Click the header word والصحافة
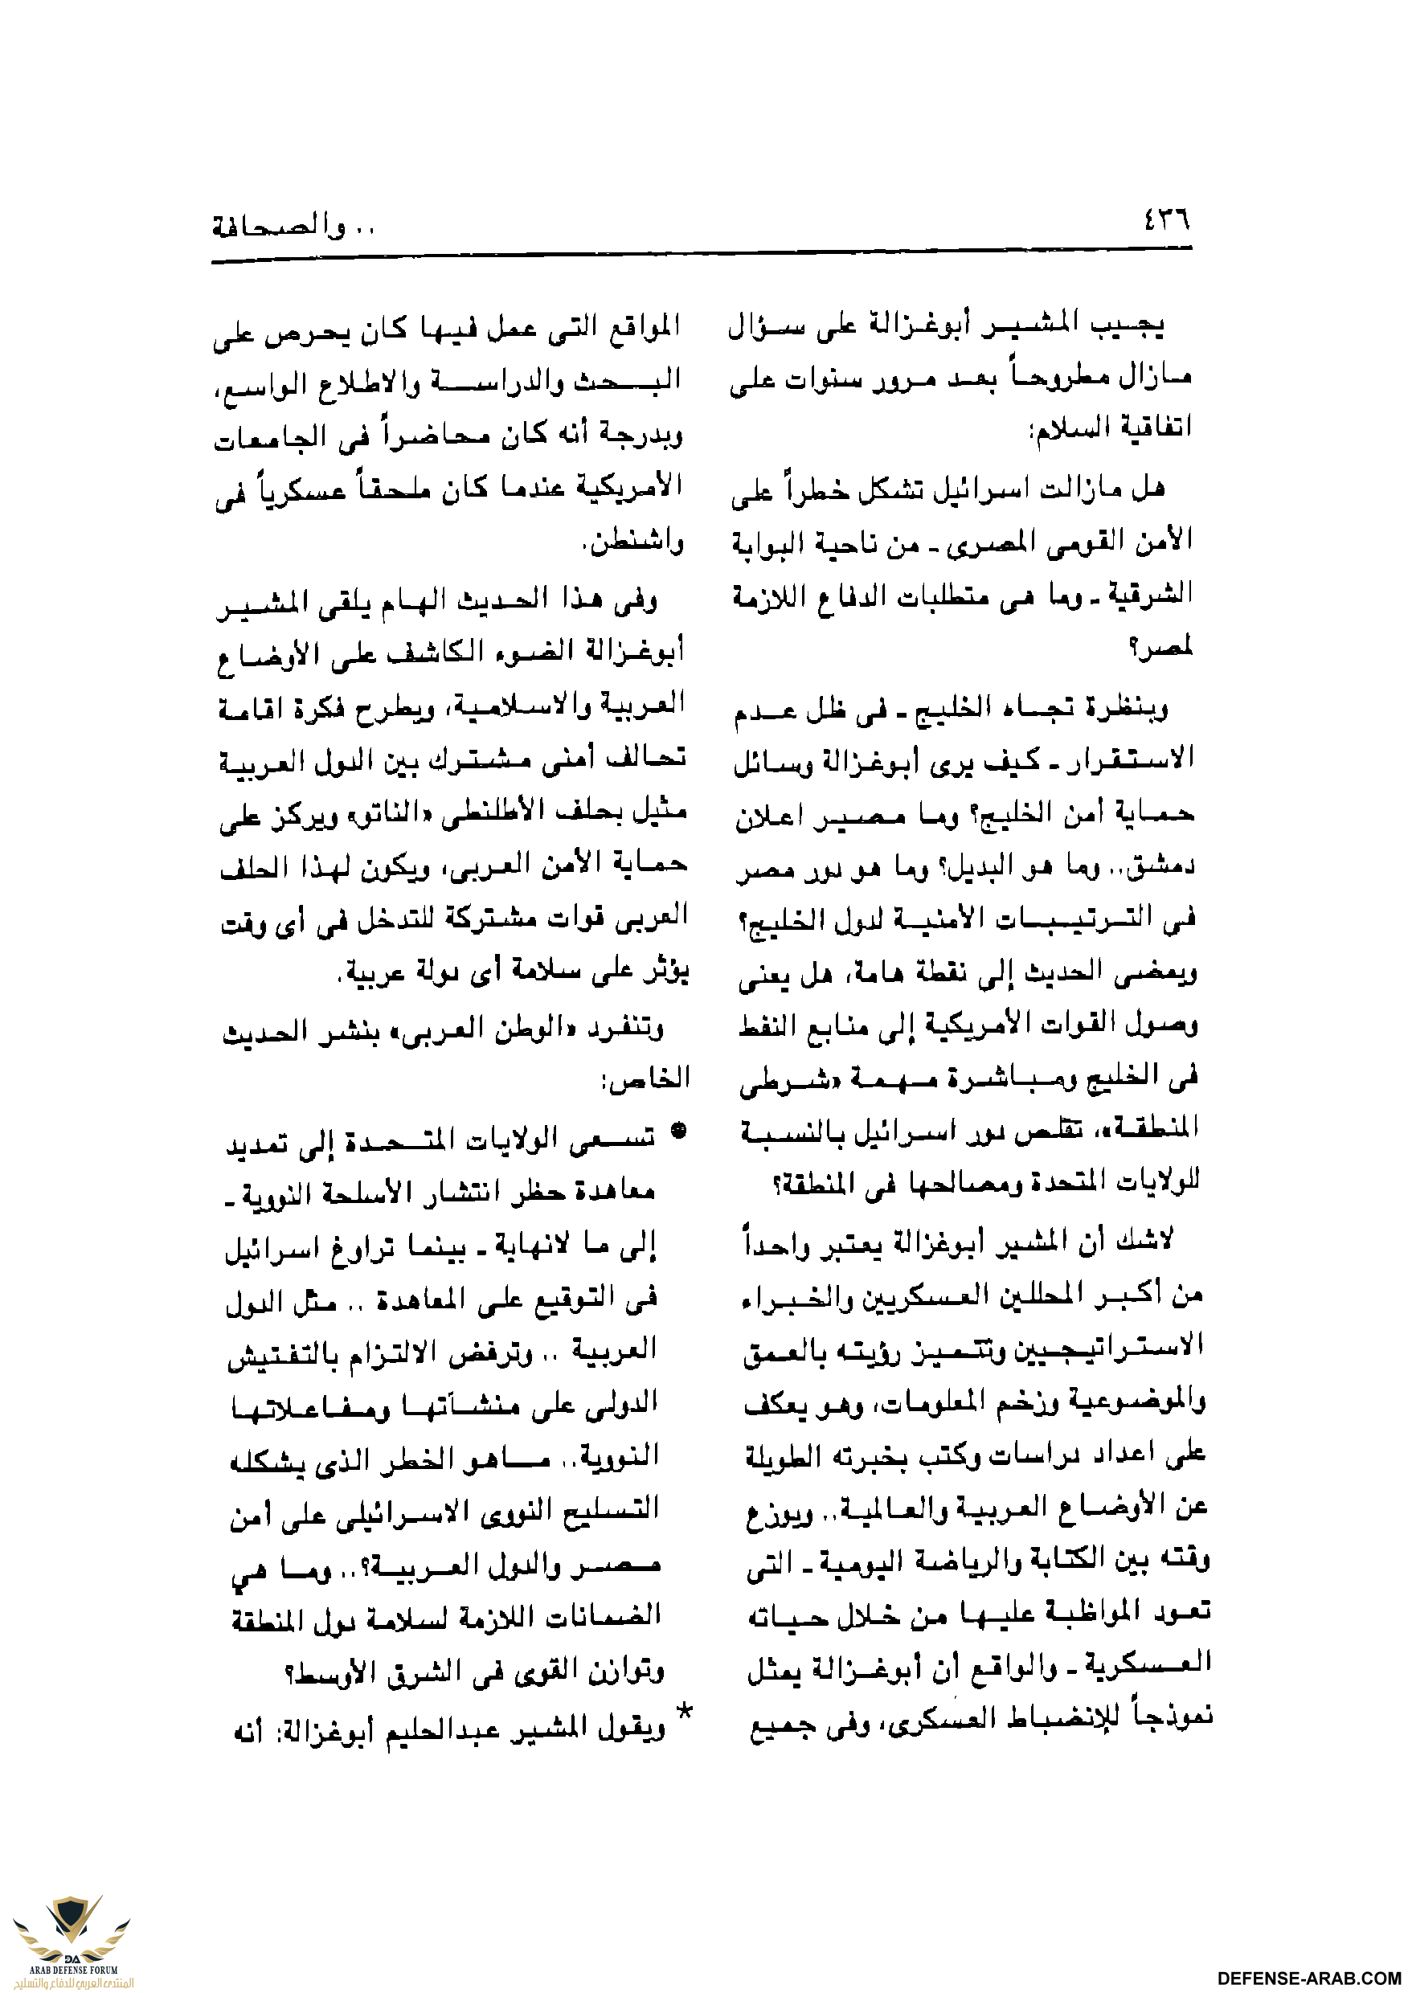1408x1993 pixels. pyautogui.click(x=278, y=227)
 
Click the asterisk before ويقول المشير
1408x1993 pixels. pyautogui.click(x=684, y=1713)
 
